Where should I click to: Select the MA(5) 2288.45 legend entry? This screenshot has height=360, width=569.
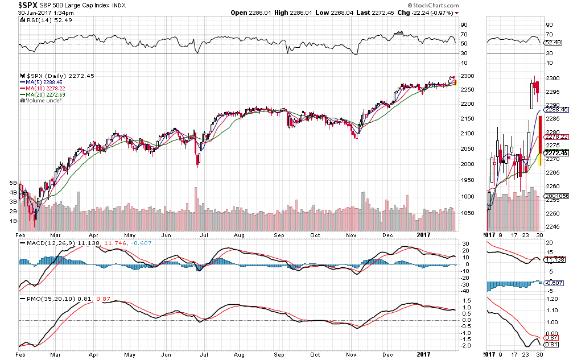pyautogui.click(x=40, y=81)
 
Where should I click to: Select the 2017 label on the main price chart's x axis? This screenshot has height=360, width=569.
pyautogui.click(x=422, y=234)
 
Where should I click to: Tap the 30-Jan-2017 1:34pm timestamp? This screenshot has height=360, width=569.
pyautogui.click(x=45, y=13)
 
